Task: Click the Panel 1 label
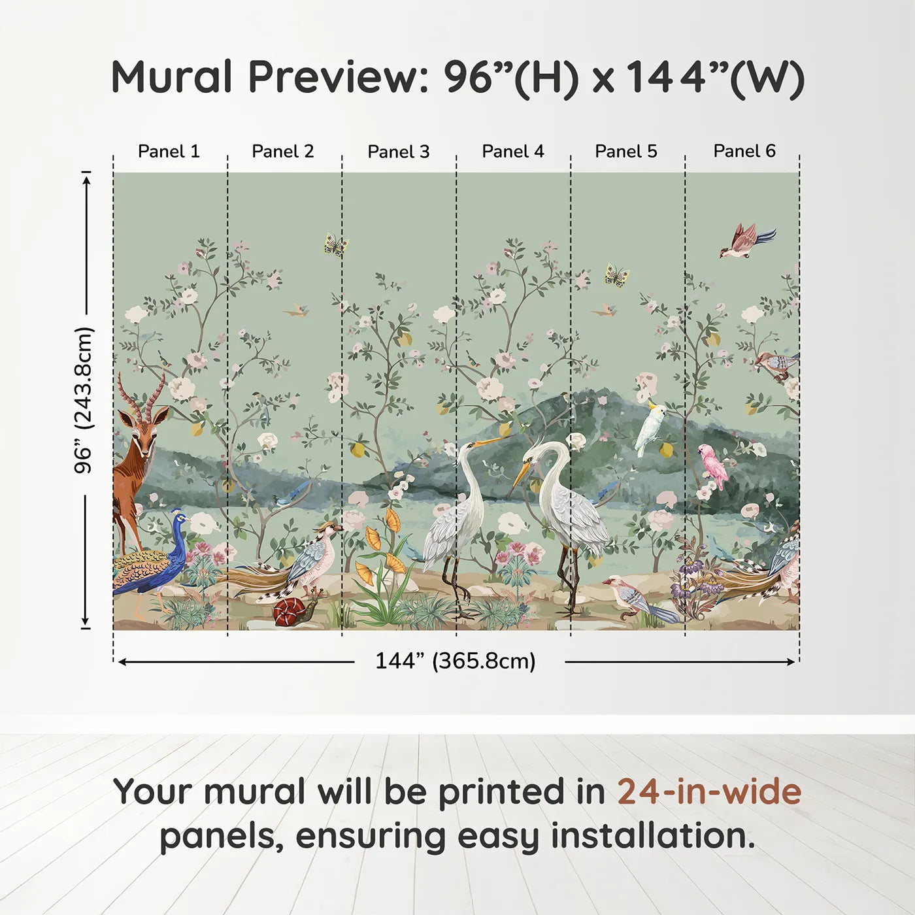coord(169,152)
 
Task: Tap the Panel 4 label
coord(512,152)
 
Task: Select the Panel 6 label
coord(744,152)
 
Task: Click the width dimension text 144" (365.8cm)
coord(455,661)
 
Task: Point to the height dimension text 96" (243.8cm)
coord(84,400)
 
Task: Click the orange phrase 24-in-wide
coord(709,791)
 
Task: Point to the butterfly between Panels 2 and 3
coord(336,244)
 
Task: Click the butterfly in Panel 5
coord(616,275)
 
